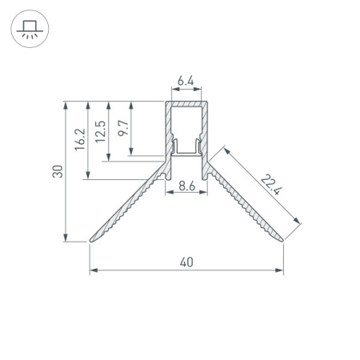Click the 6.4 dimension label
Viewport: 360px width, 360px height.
(x=186, y=81)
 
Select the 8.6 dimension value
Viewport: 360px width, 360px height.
(x=187, y=186)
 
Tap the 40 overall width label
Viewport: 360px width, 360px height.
(x=186, y=262)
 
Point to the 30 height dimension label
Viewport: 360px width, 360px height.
(x=58, y=171)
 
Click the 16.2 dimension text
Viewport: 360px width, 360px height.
(x=80, y=140)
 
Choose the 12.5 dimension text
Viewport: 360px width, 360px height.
(x=101, y=132)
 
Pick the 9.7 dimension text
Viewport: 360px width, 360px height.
(x=123, y=128)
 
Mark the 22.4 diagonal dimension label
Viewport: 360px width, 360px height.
(x=271, y=184)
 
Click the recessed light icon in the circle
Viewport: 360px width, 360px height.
(x=30, y=30)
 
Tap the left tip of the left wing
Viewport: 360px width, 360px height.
(x=90, y=241)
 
